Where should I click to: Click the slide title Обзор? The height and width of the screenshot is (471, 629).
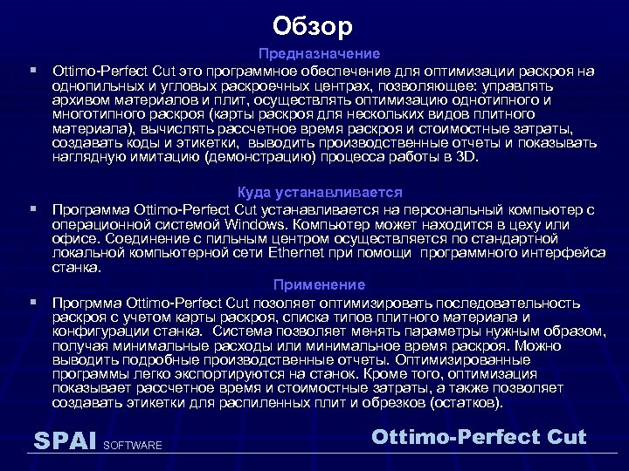point(312,27)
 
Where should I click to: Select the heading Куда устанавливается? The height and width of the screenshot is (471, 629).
point(320,193)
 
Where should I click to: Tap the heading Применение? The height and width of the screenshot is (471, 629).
point(319,285)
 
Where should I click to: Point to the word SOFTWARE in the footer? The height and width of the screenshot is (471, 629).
point(133,446)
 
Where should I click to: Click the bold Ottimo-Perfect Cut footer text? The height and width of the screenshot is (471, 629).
point(479,436)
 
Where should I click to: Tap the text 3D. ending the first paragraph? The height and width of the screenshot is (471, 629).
point(467,158)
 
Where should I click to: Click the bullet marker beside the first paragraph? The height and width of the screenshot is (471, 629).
point(32,68)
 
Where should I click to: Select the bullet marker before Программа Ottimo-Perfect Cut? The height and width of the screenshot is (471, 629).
point(32,209)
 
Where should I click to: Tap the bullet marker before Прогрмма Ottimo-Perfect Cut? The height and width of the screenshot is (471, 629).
point(32,302)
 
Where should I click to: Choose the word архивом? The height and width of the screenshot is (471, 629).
point(79,99)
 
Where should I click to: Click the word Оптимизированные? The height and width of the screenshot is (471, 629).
point(462,359)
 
